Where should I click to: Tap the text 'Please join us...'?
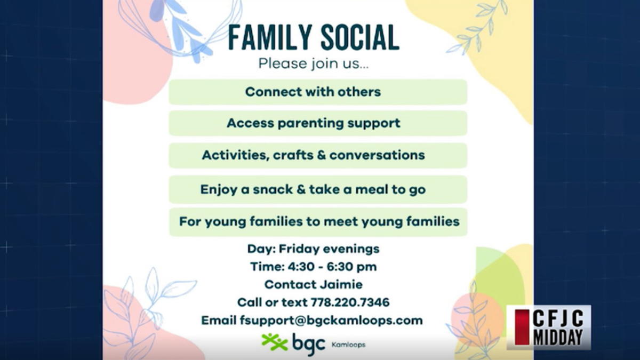[313, 64]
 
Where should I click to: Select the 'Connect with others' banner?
[318, 92]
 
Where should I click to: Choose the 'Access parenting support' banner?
[318, 123]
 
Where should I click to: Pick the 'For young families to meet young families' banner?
[318, 221]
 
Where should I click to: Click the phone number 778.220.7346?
[350, 302]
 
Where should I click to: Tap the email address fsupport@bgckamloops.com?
[331, 321]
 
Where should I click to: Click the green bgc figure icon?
[274, 341]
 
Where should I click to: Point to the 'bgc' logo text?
[308, 342]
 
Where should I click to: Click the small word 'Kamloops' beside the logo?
[348, 345]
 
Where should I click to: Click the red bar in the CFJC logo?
[522, 327]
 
